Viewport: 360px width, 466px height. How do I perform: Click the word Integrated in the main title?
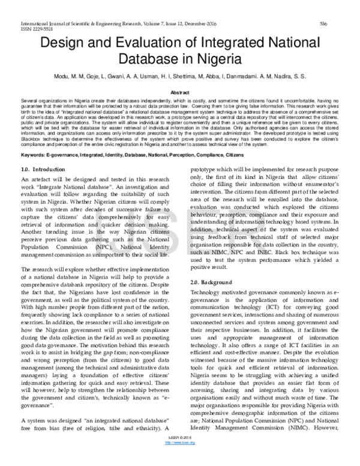coord(228,43)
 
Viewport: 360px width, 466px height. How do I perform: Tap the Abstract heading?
coord(180,93)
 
